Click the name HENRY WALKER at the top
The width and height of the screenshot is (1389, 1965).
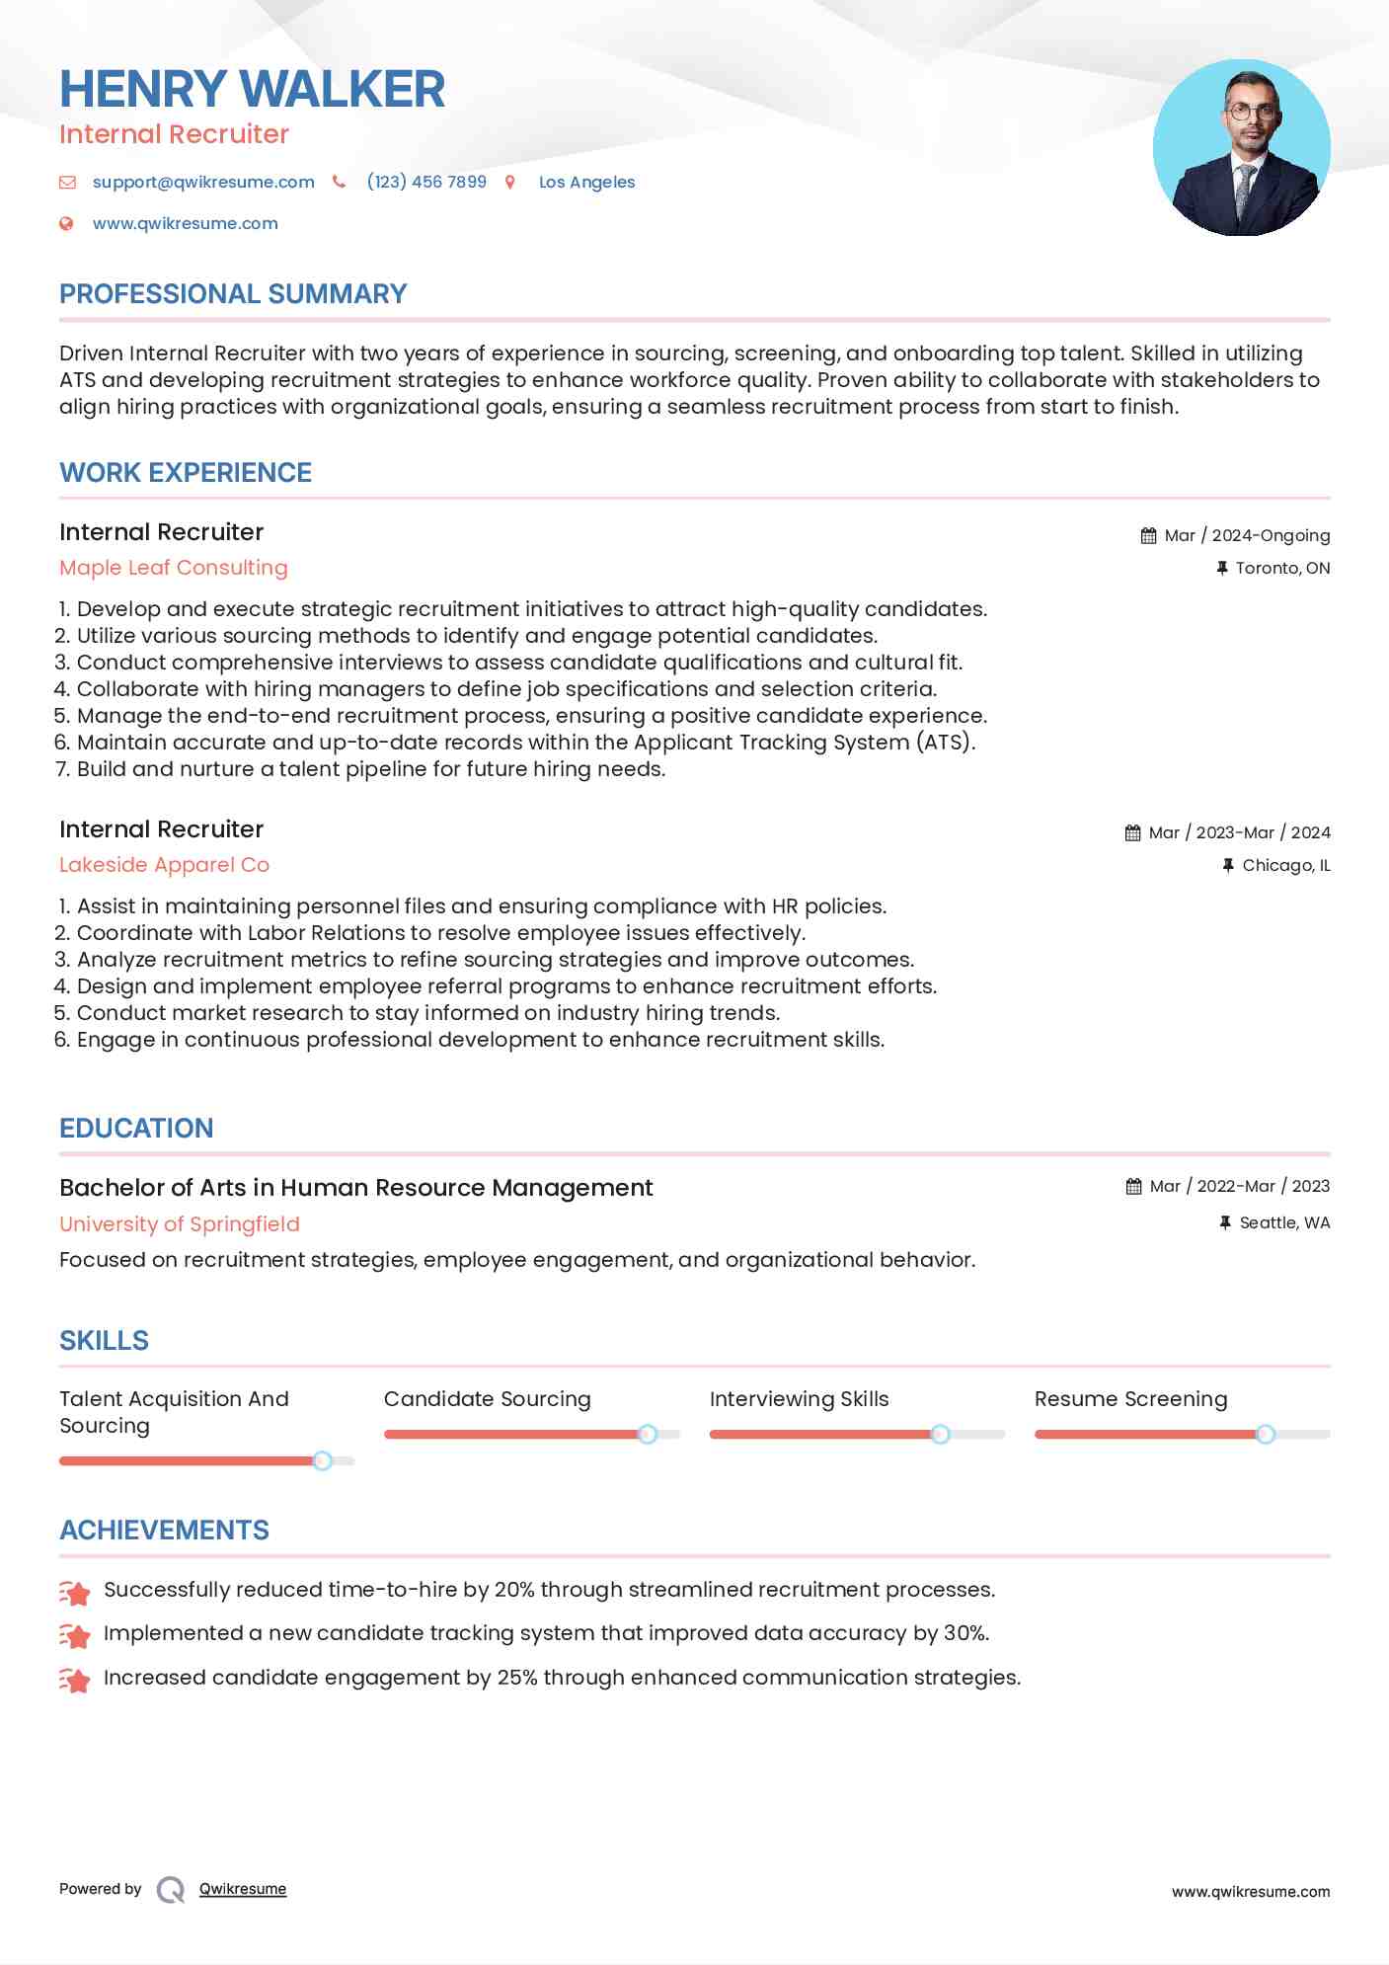click(x=252, y=89)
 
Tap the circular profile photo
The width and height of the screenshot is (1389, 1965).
click(x=1241, y=148)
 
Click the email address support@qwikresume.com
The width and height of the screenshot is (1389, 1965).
click(x=203, y=182)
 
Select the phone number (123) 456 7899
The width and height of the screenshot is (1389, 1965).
click(x=426, y=182)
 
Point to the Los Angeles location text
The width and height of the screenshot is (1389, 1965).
click(x=586, y=182)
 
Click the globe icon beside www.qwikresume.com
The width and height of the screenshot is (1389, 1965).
click(x=66, y=223)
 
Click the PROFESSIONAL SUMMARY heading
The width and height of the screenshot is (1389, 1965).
click(x=233, y=294)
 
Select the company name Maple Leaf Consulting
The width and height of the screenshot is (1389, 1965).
click(x=174, y=568)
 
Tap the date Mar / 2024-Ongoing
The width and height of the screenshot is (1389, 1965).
click(x=1246, y=535)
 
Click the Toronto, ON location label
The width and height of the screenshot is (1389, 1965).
click(x=1281, y=568)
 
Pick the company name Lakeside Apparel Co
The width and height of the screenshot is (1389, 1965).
click(x=164, y=865)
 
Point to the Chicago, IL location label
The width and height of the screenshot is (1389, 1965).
click(x=1285, y=865)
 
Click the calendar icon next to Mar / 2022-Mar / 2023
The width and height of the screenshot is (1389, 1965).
click(x=1133, y=1186)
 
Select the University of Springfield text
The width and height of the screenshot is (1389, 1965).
click(x=180, y=1223)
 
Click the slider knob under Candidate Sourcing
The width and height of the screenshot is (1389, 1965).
click(x=648, y=1434)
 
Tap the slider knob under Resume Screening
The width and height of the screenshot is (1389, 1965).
click(x=1266, y=1434)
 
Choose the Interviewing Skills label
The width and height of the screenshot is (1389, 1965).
click(x=799, y=1399)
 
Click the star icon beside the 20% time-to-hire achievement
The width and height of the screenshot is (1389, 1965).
click(x=75, y=1591)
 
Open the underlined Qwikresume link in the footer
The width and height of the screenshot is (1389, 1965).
click(x=243, y=1889)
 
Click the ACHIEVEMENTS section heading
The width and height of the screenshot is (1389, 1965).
click(x=164, y=1531)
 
